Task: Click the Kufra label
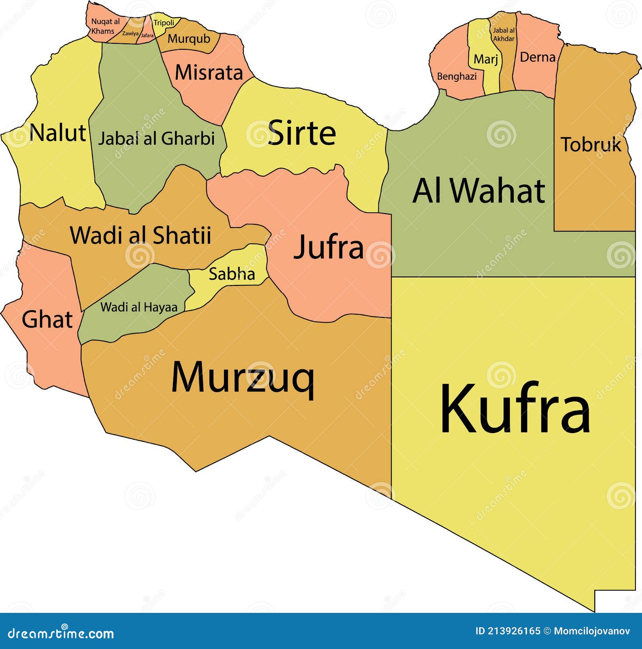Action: click(x=515, y=409)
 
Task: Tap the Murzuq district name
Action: click(x=243, y=377)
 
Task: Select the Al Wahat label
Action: click(x=479, y=191)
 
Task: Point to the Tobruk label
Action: click(x=591, y=144)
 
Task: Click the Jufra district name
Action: click(x=329, y=247)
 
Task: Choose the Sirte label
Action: click(x=302, y=132)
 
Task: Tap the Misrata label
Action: click(x=209, y=73)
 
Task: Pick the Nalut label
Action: click(x=58, y=132)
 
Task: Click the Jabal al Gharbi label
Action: click(x=156, y=138)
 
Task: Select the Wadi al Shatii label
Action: click(x=140, y=235)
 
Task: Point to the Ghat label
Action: click(x=47, y=319)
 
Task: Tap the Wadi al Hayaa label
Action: click(x=139, y=307)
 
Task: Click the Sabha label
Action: click(x=232, y=274)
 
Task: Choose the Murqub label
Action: click(x=189, y=39)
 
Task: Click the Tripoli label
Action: click(x=164, y=22)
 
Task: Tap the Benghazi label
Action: click(x=457, y=76)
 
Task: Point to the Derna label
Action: click(x=537, y=57)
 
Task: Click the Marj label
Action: click(x=486, y=59)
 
